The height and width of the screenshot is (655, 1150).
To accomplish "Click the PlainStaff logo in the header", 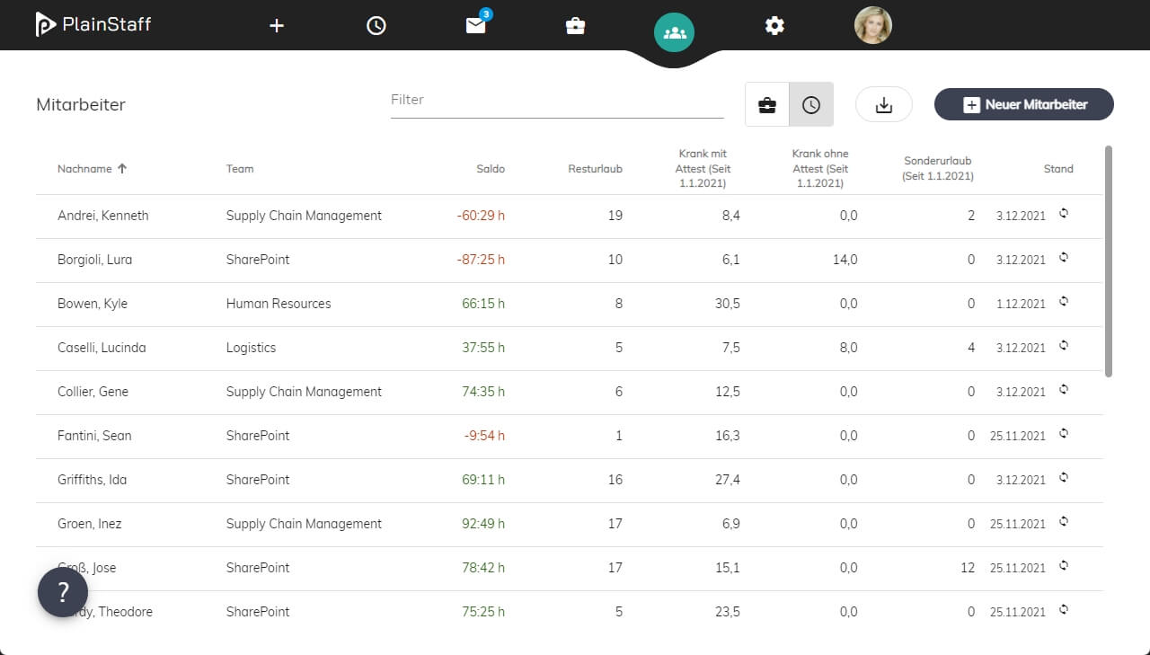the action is coord(93,24).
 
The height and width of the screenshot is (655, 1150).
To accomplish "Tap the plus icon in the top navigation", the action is coord(276,26).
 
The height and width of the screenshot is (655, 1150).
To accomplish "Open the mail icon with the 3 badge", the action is coord(476,25).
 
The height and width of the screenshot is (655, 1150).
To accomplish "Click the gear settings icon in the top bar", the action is coord(774,25).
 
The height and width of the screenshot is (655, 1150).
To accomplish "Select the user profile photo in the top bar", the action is coord(872,25).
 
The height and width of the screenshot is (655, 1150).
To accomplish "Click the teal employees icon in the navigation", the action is coord(674,32).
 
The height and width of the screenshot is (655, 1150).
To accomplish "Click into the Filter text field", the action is coord(557,100).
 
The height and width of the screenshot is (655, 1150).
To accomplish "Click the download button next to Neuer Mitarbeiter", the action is coord(883,105).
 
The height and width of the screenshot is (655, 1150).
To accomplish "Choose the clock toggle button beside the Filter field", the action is coord(811,105).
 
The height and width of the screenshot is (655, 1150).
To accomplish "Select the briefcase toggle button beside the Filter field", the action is coord(767,105).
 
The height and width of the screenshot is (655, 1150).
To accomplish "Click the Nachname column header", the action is coord(84,169).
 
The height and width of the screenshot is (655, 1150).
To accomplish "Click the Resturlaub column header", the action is coord(595,169).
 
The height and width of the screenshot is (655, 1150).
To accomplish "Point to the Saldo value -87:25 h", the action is coord(481,260).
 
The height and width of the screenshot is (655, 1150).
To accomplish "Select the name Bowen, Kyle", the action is coord(93,304).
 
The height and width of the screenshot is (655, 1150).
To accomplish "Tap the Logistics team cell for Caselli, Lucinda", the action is coord(251,348).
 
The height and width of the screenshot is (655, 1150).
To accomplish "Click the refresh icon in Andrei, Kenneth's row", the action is coord(1064,214).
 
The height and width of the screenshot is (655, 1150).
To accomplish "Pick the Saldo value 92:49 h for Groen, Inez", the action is coord(483,524).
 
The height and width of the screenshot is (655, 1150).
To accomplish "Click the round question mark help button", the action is coord(63,592).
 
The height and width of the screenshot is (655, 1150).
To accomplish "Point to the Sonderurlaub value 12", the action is coord(968,568).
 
